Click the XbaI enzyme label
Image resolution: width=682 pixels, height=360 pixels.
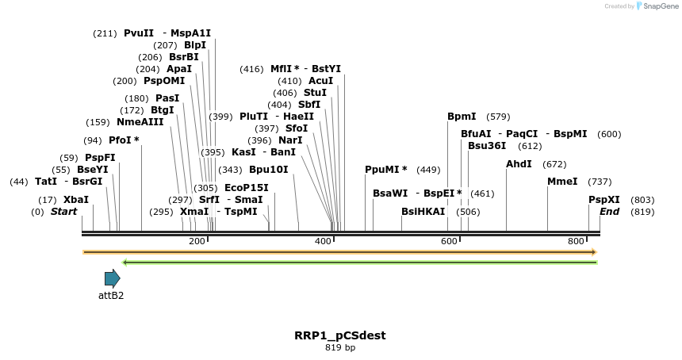point(76,200)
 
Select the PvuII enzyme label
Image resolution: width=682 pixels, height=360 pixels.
point(139,33)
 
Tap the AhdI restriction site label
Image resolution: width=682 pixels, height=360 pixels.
point(519,164)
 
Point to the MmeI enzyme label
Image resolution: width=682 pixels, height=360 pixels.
point(562,182)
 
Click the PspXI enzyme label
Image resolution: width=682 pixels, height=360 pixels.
point(604,200)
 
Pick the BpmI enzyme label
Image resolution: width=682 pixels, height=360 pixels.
point(462,117)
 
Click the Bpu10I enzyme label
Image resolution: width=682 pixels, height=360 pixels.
point(269,170)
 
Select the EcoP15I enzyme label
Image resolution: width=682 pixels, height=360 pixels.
point(247,188)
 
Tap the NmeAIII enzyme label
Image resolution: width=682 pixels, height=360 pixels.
point(140,122)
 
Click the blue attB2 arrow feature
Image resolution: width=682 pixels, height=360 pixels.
point(112,278)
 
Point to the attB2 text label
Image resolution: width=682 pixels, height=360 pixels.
point(111,296)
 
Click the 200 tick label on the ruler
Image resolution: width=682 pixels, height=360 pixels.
point(197,241)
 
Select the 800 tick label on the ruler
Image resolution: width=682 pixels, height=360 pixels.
point(576,241)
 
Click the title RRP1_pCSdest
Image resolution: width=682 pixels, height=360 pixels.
point(340,335)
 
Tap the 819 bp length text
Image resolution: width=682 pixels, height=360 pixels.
point(340,348)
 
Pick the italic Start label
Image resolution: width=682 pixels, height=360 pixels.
point(63,212)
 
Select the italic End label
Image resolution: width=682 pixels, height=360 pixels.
point(609,212)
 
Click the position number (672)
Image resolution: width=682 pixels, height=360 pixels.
point(554,164)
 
